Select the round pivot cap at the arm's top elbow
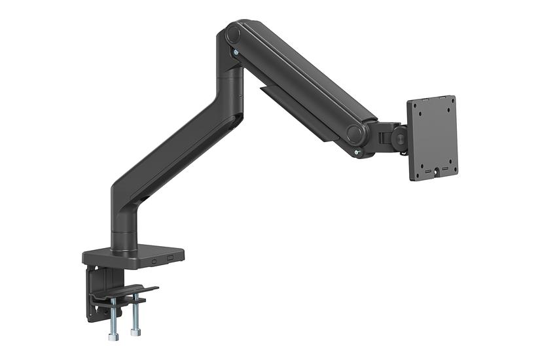click(234, 34)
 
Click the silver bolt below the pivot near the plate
click(357, 154)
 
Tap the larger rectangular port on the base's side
click(171, 258)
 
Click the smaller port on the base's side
click(154, 261)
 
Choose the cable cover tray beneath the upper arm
click(295, 111)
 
